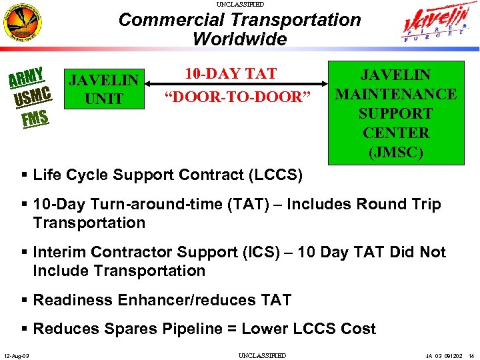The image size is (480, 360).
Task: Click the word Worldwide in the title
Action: point(239,39)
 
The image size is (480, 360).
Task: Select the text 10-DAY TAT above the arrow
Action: point(231,73)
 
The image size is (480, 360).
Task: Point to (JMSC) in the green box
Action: point(395,151)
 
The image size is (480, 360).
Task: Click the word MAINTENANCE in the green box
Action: point(395,94)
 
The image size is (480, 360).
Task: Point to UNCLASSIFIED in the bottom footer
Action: point(262,355)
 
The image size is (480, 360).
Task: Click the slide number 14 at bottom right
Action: point(472,355)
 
